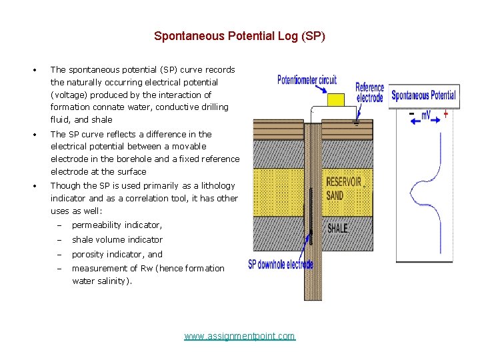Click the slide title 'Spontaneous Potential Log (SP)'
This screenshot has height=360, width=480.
click(x=239, y=36)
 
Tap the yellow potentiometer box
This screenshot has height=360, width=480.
click(x=336, y=100)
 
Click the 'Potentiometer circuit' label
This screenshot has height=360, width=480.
click(x=307, y=81)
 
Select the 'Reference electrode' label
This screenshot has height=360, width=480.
click(x=369, y=92)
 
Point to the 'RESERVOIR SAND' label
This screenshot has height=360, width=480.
click(x=343, y=188)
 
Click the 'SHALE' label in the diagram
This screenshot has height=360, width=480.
click(x=337, y=228)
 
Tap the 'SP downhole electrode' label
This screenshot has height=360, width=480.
click(x=280, y=264)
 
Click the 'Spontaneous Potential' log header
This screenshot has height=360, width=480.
click(x=423, y=95)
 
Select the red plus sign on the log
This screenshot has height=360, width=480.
click(x=445, y=114)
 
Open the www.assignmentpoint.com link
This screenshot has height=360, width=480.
click(x=239, y=336)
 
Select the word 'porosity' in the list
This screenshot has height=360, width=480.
click(x=87, y=254)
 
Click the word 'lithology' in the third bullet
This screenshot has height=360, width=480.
click(x=217, y=185)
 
